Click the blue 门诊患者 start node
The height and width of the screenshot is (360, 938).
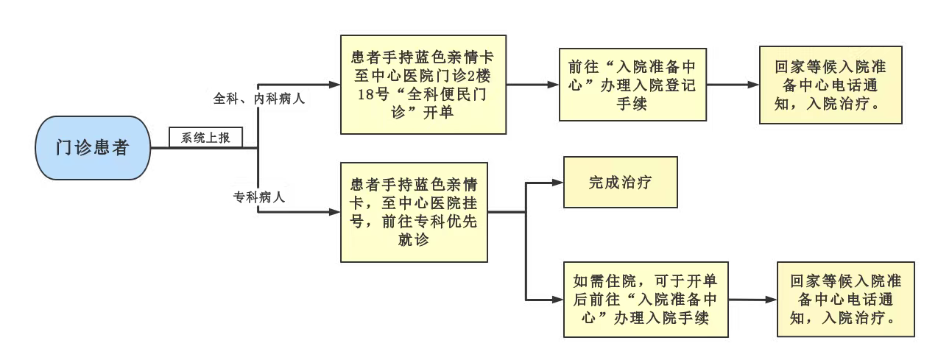coord(93,147)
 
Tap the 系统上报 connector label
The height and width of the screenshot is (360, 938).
coord(205,138)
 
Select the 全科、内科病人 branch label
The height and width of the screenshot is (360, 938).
coord(258,99)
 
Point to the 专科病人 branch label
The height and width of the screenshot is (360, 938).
coord(259,197)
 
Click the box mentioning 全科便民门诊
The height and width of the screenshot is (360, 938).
coord(423,85)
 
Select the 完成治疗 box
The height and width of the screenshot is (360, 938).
coord(620,182)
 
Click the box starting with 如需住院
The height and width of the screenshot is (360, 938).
coord(646,299)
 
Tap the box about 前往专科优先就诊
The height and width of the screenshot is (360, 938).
coord(414,212)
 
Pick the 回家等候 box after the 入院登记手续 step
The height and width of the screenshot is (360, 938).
coord(831,85)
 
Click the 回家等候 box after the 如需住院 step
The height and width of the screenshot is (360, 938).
coord(845,299)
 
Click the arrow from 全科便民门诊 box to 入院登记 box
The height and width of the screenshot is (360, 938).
coord(532,85)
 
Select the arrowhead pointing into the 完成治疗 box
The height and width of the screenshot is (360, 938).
coord(557,183)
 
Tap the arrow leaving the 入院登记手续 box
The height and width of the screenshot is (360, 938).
coord(733,85)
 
